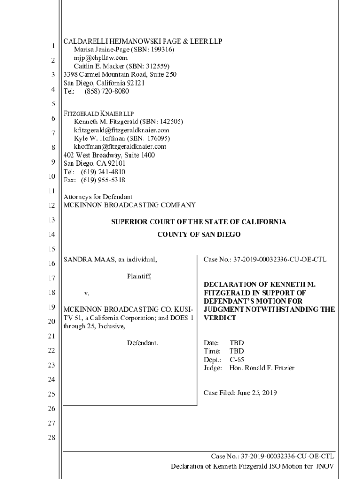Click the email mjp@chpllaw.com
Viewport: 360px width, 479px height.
[x=101, y=58]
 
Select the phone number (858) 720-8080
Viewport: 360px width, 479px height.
[x=107, y=91]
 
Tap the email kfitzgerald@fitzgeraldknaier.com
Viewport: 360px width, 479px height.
[x=122, y=130]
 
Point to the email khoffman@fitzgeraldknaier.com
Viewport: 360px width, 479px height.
[x=120, y=146]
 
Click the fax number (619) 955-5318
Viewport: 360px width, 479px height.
[x=103, y=180]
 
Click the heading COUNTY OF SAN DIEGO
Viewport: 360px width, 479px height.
[x=199, y=234]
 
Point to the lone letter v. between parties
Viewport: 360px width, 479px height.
[x=86, y=293]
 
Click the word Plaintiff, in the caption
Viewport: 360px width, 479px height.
[x=139, y=276]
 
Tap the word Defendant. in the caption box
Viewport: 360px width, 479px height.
[x=142, y=343]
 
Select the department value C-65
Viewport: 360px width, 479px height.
[x=237, y=360]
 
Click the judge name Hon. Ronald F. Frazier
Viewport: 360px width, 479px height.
[x=262, y=368]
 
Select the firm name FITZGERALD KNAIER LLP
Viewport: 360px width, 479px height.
[x=99, y=113]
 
